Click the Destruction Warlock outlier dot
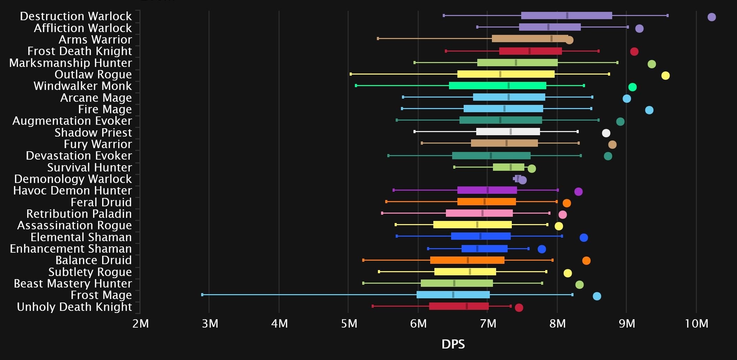[712, 17]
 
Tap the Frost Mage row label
[101, 295]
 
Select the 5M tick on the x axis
[349, 324]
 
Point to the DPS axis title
[453, 344]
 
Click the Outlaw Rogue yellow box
[506, 74]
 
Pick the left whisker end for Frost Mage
[202, 295]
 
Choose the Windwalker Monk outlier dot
[632, 87]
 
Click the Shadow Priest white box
[508, 132]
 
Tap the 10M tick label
[696, 324]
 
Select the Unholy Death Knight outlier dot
[519, 307]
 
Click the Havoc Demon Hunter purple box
[487, 190]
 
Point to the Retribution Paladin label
[79, 214]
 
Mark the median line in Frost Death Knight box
[530, 51]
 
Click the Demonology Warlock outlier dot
[522, 180]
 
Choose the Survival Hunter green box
[508, 167]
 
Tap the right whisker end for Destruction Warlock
[667, 15]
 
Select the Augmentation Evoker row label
[72, 121]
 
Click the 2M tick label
[140, 324]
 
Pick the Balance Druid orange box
[467, 260]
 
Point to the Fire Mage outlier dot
[649, 110]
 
